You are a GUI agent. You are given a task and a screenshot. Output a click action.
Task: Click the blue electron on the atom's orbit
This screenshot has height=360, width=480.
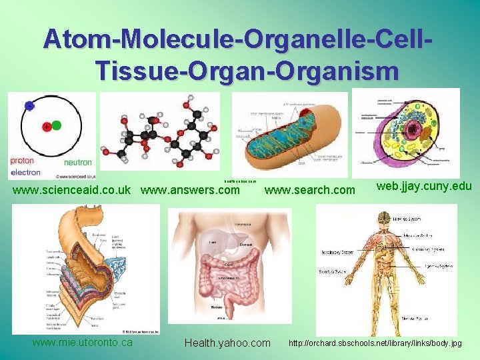(29, 105)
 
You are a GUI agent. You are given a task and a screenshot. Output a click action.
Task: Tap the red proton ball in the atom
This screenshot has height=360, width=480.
(47, 126)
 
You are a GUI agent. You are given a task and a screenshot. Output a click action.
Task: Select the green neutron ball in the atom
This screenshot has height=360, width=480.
(57, 125)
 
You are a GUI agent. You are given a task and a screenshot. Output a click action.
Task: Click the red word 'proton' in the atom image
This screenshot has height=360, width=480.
(23, 161)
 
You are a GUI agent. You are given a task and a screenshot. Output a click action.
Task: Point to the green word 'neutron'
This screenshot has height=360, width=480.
(77, 162)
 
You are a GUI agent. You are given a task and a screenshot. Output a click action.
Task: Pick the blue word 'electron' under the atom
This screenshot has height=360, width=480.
(26, 172)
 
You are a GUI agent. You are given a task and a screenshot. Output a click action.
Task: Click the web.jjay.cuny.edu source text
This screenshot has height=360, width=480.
(425, 187)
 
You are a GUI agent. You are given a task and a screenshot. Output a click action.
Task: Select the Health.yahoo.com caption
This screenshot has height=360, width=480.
(227, 343)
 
